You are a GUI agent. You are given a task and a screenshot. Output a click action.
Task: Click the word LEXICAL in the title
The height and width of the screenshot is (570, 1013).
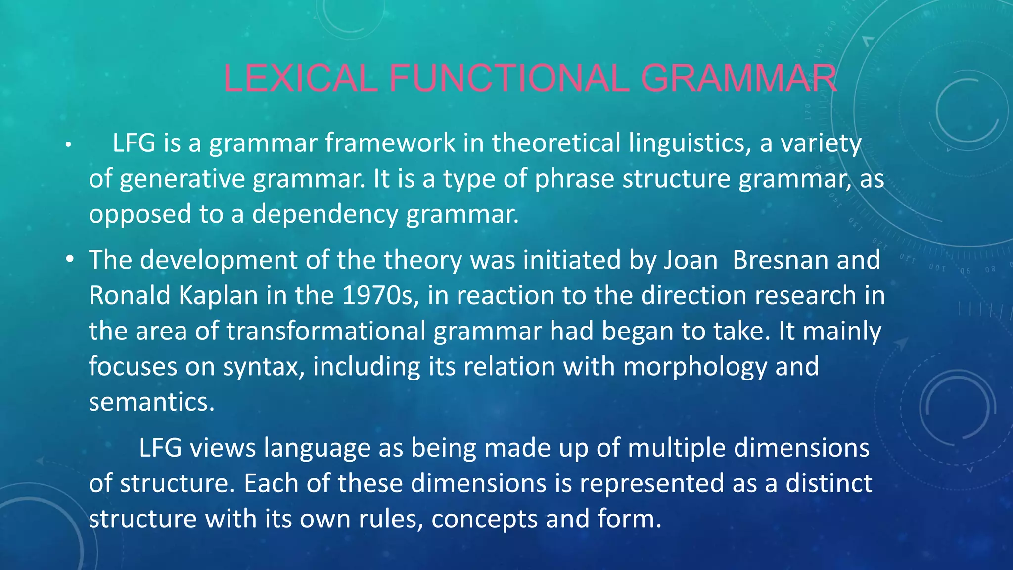click(x=300, y=78)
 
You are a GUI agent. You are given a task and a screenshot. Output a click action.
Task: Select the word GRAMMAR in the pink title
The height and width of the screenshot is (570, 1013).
click(x=738, y=78)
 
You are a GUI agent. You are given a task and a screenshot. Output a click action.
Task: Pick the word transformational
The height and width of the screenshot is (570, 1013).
click(x=325, y=331)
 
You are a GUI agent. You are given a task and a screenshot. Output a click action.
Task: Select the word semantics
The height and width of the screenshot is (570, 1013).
click(x=151, y=402)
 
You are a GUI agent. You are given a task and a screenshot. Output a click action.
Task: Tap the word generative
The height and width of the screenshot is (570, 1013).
click(x=182, y=179)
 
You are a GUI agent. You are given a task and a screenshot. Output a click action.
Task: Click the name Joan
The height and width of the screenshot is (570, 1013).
click(x=691, y=260)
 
